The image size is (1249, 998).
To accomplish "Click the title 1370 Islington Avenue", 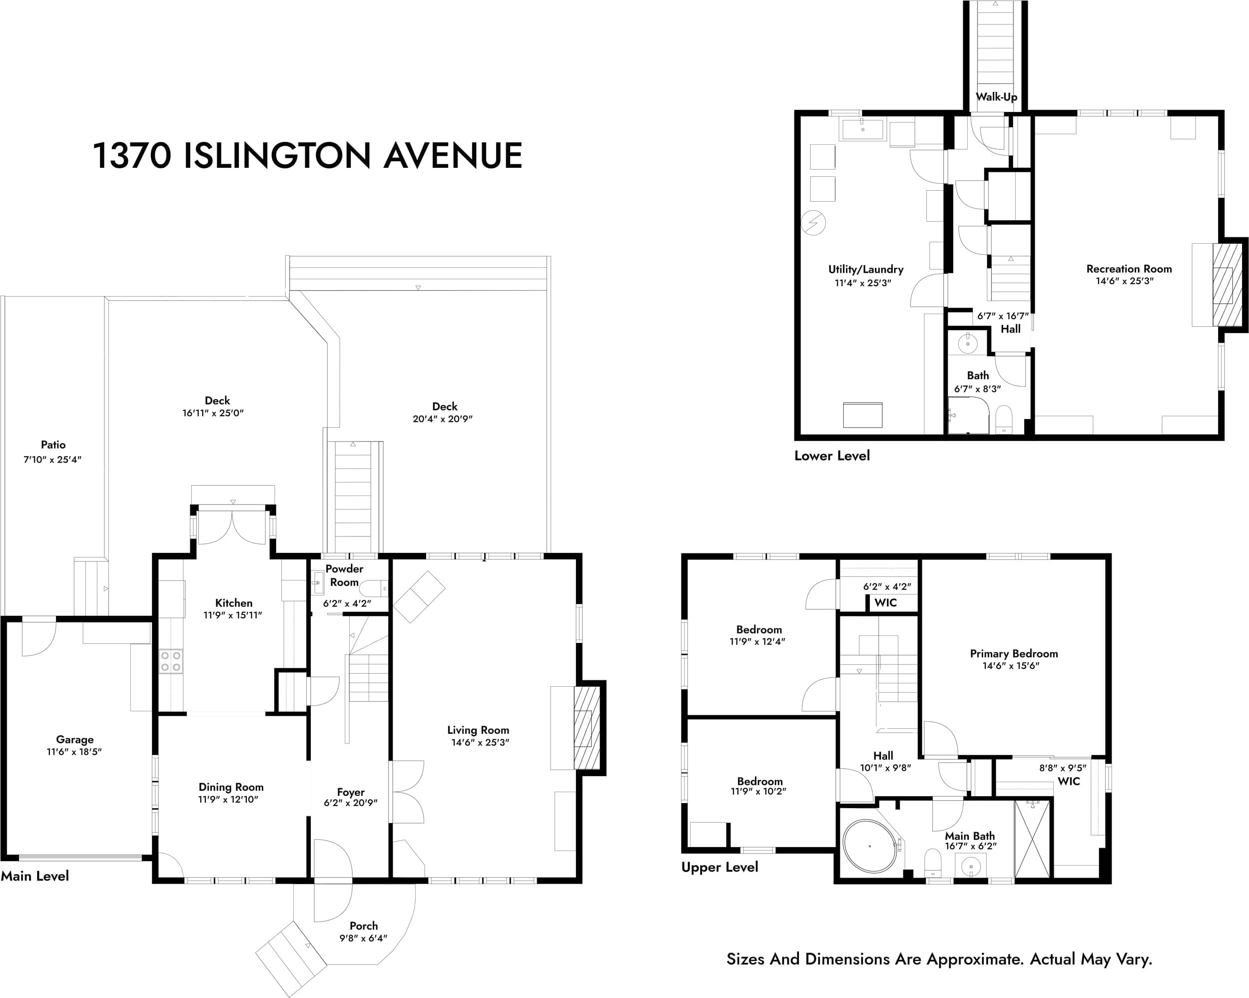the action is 308,156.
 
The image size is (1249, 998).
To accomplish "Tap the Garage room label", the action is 75,740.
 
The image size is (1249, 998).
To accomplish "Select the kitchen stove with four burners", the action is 171,661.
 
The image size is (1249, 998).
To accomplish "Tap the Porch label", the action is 364,926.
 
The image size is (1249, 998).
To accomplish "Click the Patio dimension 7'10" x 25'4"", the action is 53,460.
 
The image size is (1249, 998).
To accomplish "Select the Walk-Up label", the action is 996,97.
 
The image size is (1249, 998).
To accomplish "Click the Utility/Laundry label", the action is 865,269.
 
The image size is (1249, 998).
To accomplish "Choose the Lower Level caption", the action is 832,456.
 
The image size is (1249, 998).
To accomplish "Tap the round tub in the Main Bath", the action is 869,846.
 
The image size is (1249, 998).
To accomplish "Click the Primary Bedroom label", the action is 1014,653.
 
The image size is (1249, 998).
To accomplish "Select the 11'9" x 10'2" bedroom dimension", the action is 758,792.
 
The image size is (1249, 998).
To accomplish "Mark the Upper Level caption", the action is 719,867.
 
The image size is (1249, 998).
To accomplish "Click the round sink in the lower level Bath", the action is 967,344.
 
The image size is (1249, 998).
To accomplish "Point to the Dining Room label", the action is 231,787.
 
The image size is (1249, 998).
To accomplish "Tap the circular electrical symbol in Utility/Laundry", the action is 813,222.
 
